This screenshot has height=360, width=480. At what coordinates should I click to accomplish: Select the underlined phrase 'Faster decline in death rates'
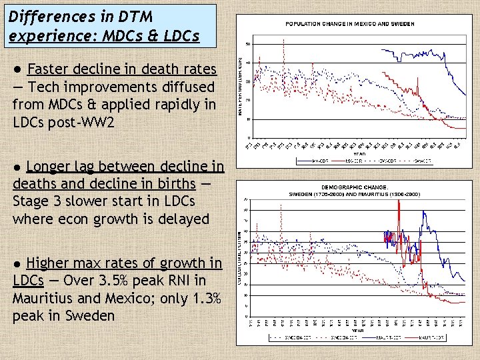(x=122, y=69)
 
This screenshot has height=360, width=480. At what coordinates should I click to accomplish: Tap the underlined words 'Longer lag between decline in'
(x=125, y=166)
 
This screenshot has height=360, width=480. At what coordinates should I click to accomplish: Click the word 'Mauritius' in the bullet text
(x=41, y=298)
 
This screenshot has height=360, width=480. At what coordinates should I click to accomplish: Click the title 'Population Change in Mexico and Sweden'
(x=350, y=23)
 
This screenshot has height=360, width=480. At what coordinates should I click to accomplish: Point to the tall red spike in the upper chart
(x=284, y=41)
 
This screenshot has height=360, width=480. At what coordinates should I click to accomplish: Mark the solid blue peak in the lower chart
(x=422, y=213)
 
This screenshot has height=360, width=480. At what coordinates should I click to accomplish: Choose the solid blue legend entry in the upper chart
(x=305, y=160)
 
